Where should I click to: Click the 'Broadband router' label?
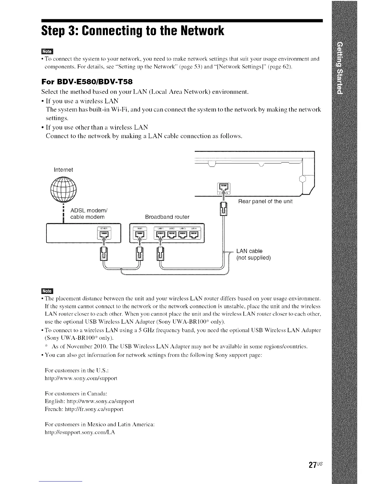[167, 217]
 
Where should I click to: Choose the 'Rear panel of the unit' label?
[265, 201]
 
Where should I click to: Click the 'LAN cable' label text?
[249, 251]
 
